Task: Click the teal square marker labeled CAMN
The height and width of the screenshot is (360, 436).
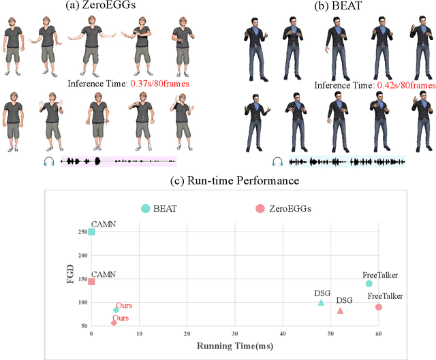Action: click(x=91, y=231)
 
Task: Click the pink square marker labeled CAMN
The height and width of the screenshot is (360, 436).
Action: click(x=91, y=281)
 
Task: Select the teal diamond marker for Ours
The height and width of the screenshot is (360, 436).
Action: click(x=116, y=310)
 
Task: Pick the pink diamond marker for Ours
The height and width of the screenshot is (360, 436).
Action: click(x=114, y=323)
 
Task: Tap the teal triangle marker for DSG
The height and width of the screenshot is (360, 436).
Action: click(x=322, y=302)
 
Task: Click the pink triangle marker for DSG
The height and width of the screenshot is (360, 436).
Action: click(x=341, y=310)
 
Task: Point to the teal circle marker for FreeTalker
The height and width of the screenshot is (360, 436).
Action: click(x=369, y=283)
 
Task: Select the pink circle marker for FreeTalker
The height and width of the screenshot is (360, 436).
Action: click(x=379, y=307)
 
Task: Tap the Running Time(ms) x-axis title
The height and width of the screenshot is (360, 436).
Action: click(x=235, y=346)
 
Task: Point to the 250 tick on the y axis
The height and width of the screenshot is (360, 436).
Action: click(x=82, y=231)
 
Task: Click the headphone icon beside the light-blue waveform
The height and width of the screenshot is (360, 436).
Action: click(x=277, y=161)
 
